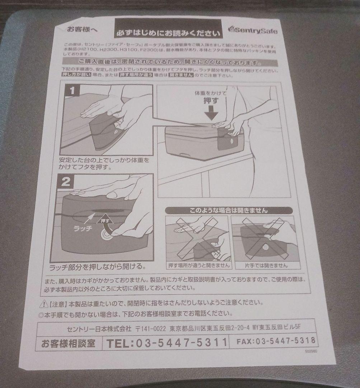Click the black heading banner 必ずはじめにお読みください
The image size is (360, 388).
point(168,33)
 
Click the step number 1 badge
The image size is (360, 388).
point(72,91)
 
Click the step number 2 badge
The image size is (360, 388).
point(66,182)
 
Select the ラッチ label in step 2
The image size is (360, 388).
point(83,228)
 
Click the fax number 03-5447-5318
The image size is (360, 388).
point(276,341)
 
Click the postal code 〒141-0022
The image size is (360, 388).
point(151,328)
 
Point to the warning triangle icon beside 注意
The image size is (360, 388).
point(44,304)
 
